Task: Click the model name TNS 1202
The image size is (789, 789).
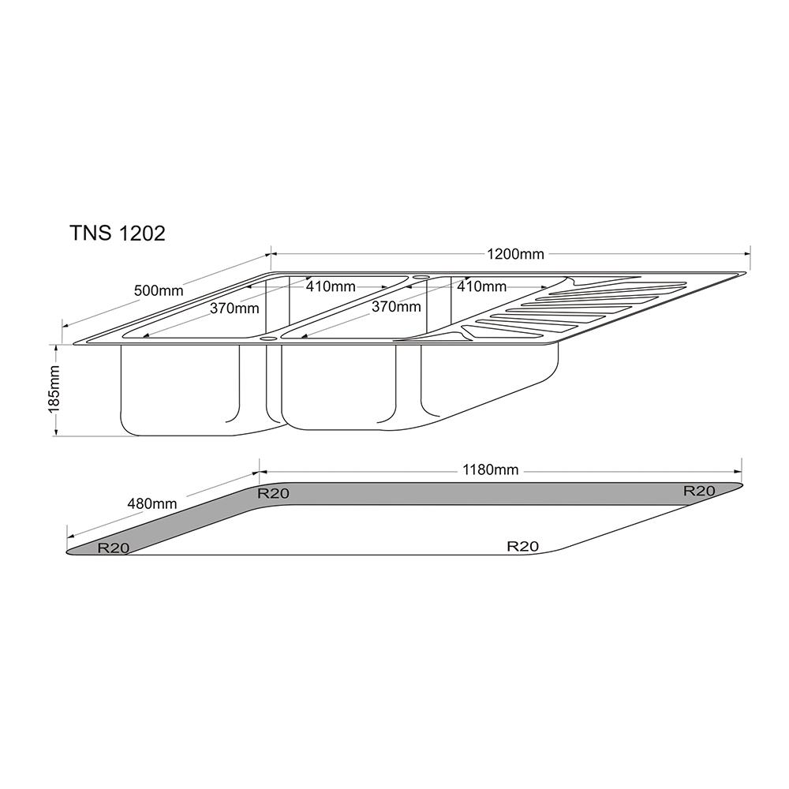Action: click(x=118, y=234)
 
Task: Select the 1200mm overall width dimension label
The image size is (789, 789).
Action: click(x=515, y=254)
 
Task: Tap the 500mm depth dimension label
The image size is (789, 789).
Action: click(x=159, y=290)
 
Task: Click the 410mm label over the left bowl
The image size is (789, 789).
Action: click(x=331, y=286)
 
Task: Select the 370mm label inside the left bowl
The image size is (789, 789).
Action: click(x=234, y=308)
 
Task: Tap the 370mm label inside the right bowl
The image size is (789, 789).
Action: click(x=396, y=307)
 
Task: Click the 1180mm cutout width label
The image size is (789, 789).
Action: click(x=491, y=469)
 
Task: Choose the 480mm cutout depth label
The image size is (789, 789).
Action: click(x=152, y=503)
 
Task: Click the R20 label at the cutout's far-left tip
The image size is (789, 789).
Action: click(x=114, y=548)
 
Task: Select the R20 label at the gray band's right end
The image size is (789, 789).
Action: click(x=699, y=491)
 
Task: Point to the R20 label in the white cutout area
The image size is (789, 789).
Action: click(x=522, y=545)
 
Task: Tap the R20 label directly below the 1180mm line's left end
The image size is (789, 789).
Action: click(x=274, y=494)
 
